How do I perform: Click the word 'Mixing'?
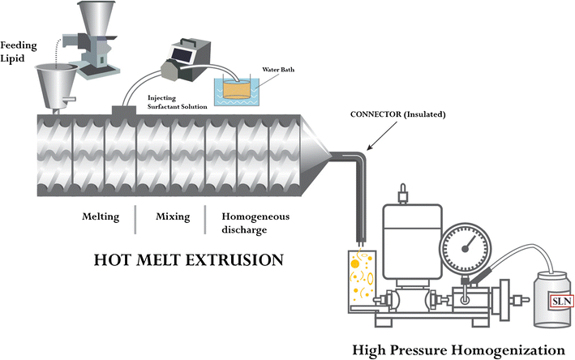[170, 216]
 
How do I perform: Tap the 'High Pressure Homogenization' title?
[458, 349]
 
